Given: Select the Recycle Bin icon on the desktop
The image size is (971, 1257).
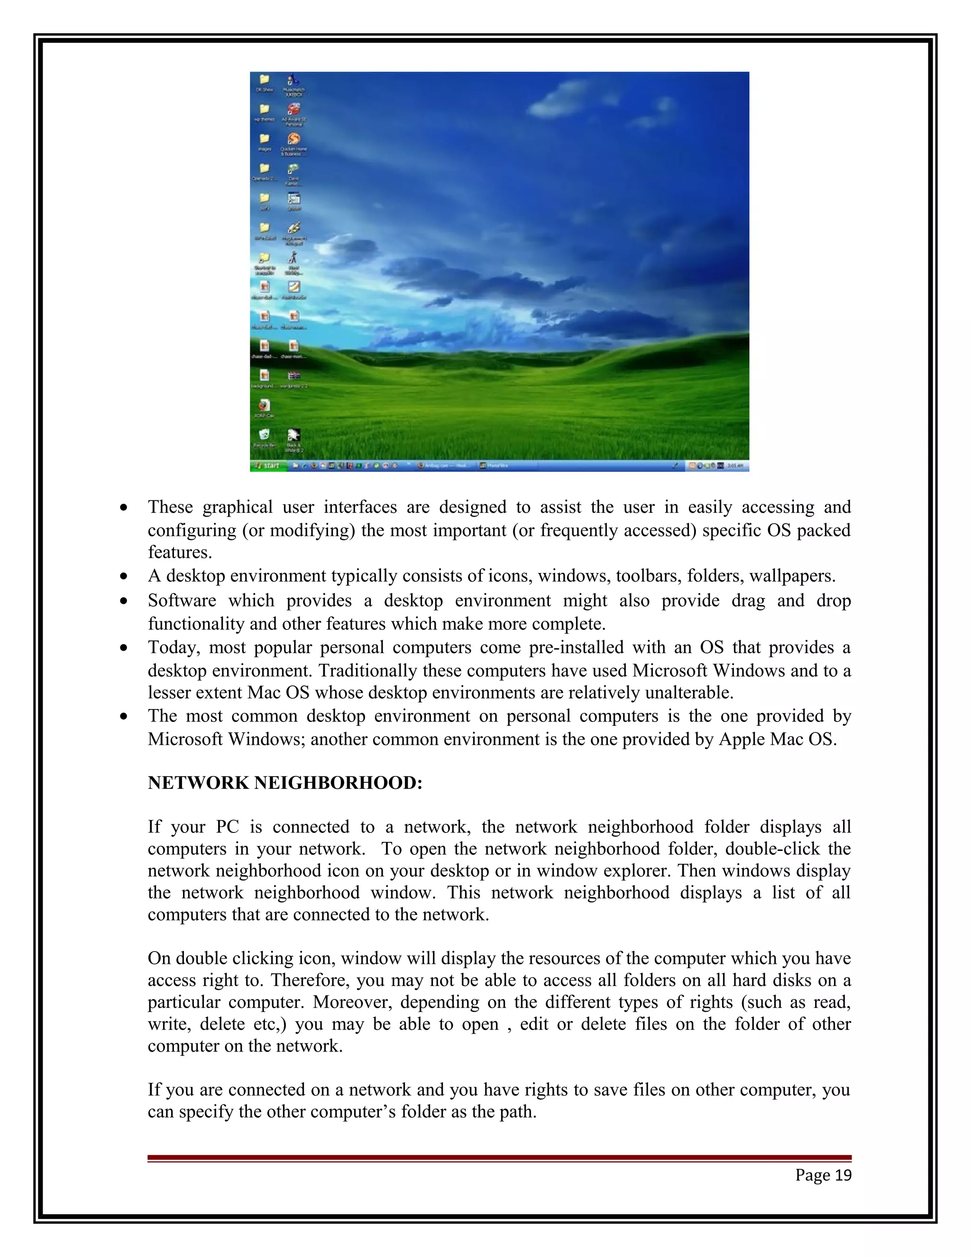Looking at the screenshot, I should pos(264,435).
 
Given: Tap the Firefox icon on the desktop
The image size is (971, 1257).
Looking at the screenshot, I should pos(264,405).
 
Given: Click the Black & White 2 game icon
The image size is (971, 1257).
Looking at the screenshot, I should pos(294,435).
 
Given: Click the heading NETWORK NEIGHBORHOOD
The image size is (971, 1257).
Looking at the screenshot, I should pos(285,783).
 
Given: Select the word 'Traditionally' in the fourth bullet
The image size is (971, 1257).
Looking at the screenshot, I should pos(368,671).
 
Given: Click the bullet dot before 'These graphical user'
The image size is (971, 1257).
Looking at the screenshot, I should pos(124,508).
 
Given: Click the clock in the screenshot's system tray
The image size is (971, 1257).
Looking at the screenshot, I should pos(736,466).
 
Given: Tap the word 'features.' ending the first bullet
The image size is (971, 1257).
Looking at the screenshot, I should pos(180,553).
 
